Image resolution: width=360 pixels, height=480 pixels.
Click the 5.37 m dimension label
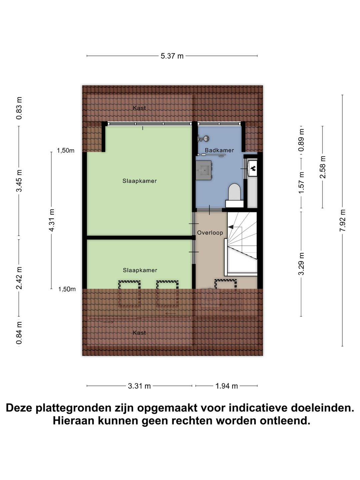click(x=172, y=56)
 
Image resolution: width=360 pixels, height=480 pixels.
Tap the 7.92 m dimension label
click(x=343, y=221)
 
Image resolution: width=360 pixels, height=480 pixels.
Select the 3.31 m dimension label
click(x=139, y=386)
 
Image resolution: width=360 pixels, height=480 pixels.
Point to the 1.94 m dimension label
click(x=227, y=386)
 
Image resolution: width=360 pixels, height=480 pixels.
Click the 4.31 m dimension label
click(x=52, y=220)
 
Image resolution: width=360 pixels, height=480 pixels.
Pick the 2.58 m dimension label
click(x=323, y=167)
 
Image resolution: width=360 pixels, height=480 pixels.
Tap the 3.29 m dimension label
click(x=301, y=264)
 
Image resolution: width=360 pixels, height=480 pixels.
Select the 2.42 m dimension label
click(x=19, y=278)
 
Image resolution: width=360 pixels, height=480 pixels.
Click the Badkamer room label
click(x=219, y=150)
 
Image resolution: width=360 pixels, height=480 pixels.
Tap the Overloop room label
click(x=210, y=233)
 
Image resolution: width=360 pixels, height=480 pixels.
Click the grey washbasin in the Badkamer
click(x=204, y=170)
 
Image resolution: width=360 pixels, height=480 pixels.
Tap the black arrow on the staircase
click(x=231, y=227)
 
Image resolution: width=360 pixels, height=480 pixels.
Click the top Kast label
click(x=139, y=108)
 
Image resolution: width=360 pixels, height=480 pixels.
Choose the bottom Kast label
click(x=139, y=333)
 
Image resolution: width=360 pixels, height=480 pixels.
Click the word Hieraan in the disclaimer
click(x=74, y=421)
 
